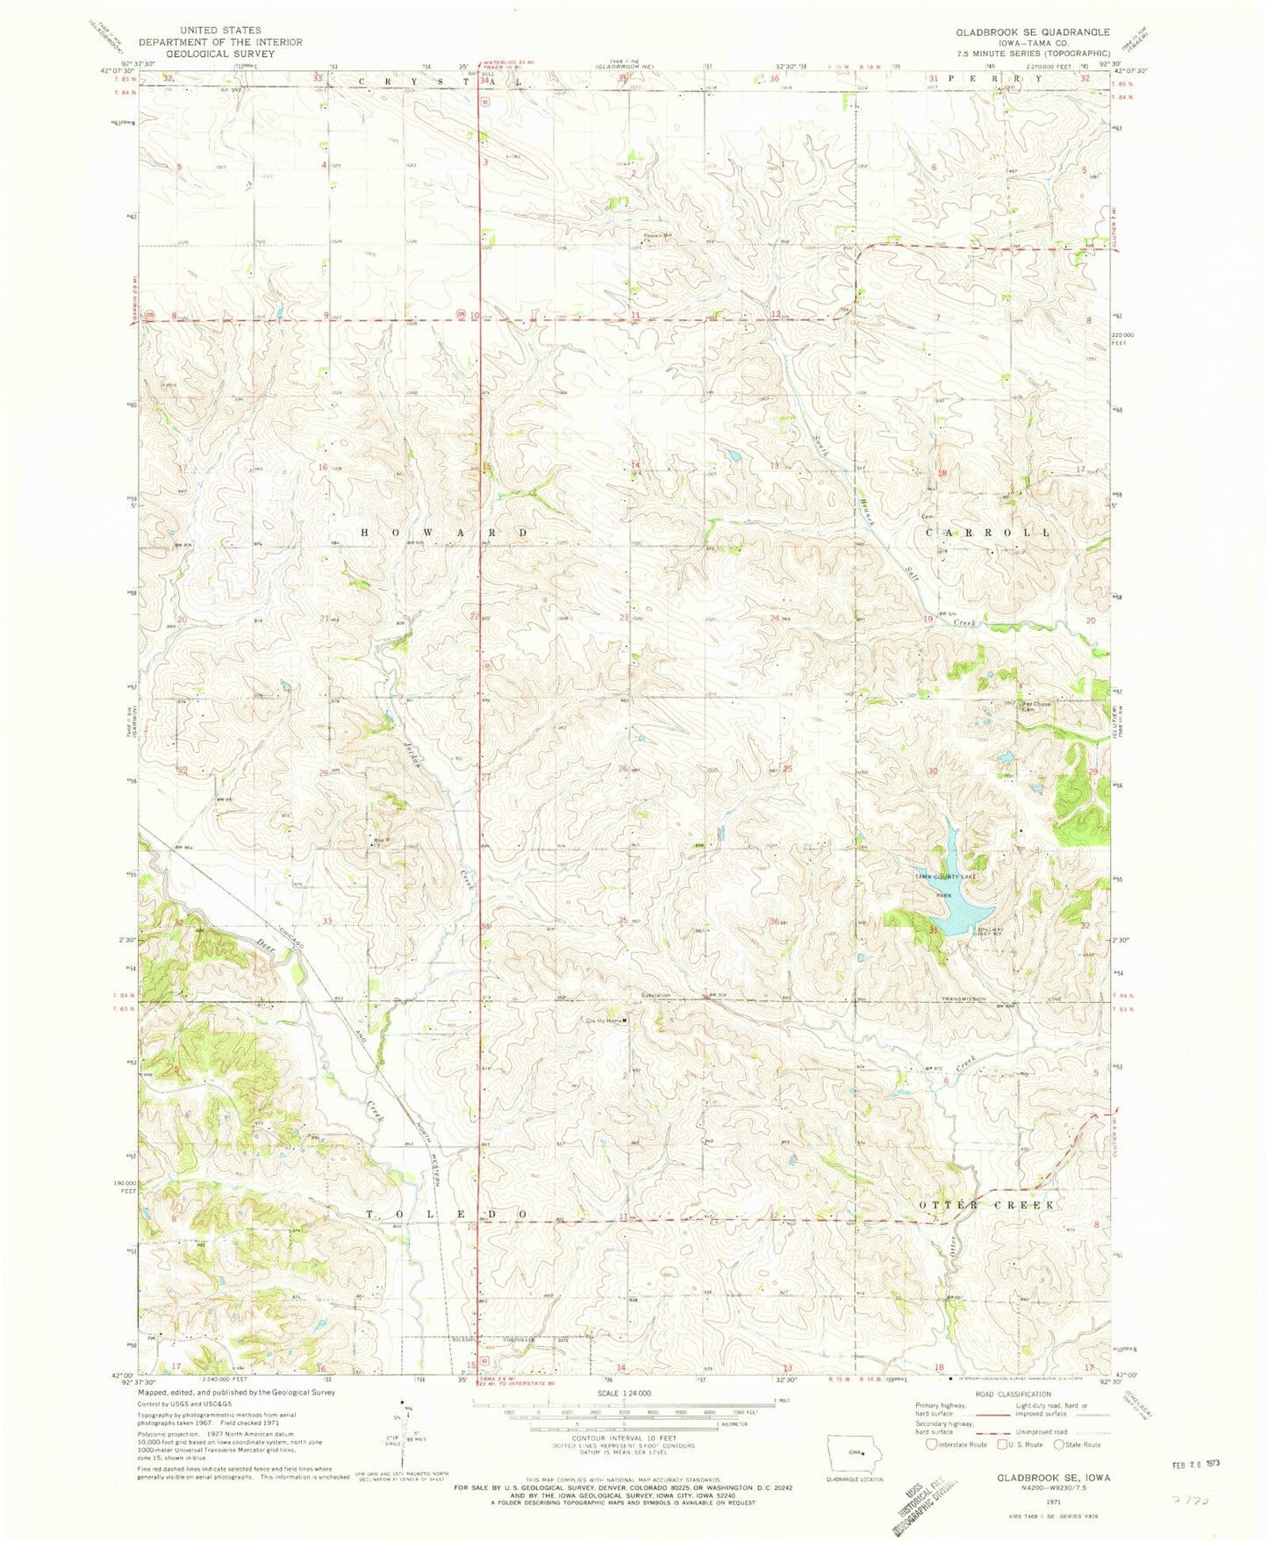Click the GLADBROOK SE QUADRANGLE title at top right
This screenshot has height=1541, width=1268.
pyautogui.click(x=1033, y=32)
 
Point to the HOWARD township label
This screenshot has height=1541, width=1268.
pyautogui.click(x=444, y=533)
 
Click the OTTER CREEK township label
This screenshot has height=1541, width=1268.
pyautogui.click(x=987, y=1205)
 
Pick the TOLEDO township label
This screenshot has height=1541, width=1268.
pyautogui.click(x=445, y=1214)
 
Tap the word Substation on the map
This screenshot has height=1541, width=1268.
pyautogui.click(x=655, y=995)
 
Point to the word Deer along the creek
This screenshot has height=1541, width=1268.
pyautogui.click(x=266, y=944)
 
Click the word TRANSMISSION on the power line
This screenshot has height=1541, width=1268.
pyautogui.click(x=964, y=999)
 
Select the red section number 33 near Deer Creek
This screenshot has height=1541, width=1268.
pyautogui.click(x=327, y=921)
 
